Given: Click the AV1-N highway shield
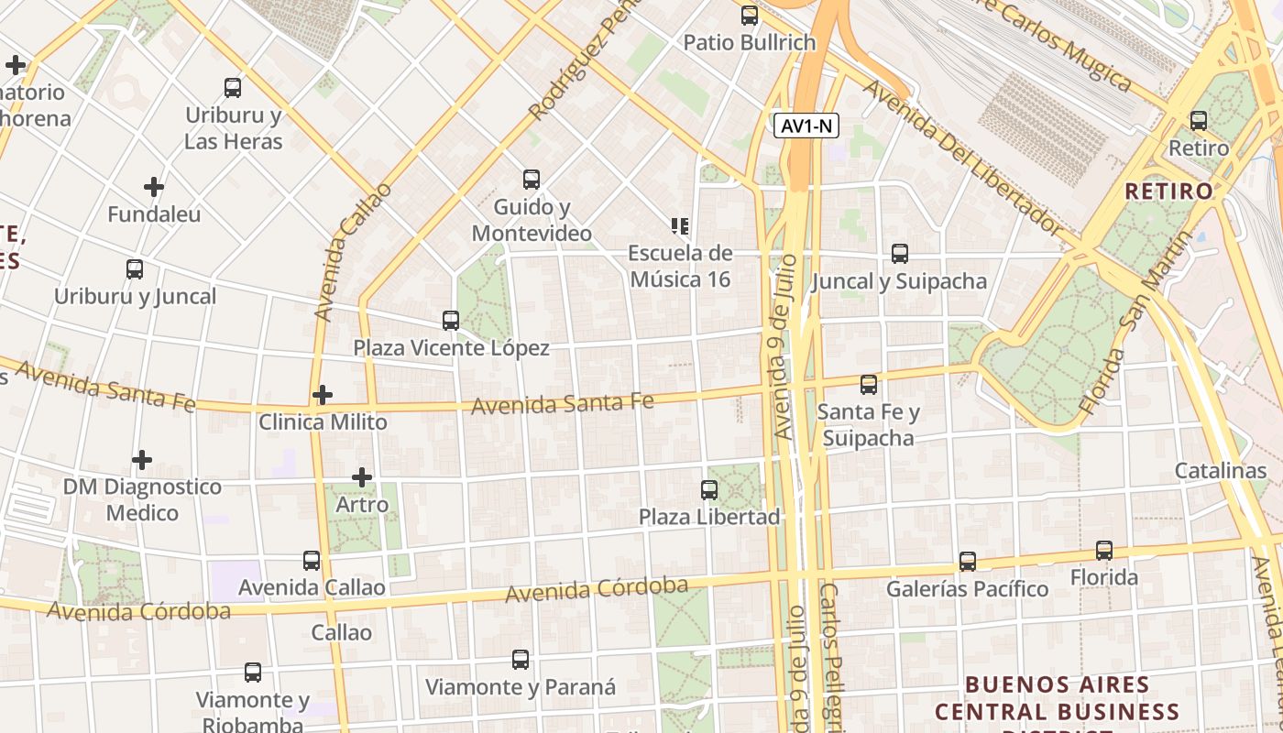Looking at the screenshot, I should click(x=806, y=126).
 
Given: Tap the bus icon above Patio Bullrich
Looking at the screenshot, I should click(x=750, y=16).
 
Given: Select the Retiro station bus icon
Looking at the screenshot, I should click(x=1198, y=120).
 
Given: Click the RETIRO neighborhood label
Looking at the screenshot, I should click(x=1168, y=191).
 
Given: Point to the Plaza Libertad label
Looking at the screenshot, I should click(x=709, y=517).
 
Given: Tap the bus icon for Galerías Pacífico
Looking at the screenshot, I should click(x=968, y=562).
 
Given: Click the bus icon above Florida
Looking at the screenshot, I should click(x=1104, y=551).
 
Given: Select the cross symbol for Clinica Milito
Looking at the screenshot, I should click(x=323, y=395).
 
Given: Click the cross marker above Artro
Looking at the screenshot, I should click(x=362, y=477).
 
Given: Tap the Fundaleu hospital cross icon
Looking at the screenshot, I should click(x=154, y=187).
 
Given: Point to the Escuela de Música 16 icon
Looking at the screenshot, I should click(x=680, y=225).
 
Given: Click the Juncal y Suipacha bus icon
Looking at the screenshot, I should click(x=900, y=254).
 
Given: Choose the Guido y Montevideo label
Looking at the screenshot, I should click(x=532, y=220).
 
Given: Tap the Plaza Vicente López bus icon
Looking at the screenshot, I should click(x=451, y=321).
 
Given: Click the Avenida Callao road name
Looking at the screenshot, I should click(x=352, y=252).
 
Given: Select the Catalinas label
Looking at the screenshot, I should click(x=1221, y=471).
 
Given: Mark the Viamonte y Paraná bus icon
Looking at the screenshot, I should click(x=521, y=660).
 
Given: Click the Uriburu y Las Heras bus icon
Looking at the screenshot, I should click(x=233, y=88).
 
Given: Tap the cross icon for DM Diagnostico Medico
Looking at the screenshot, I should click(x=142, y=459).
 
